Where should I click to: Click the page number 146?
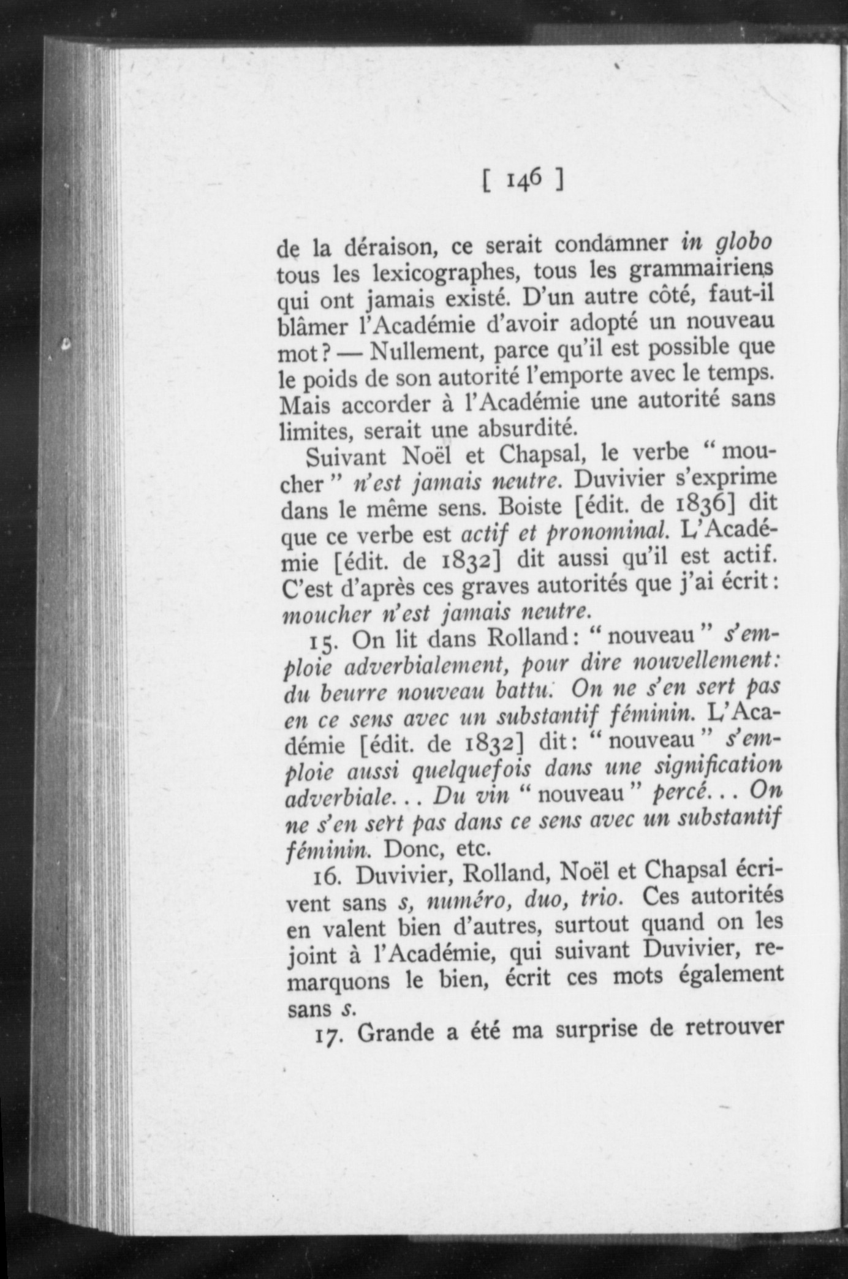522,181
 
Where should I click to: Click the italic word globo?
743,243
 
